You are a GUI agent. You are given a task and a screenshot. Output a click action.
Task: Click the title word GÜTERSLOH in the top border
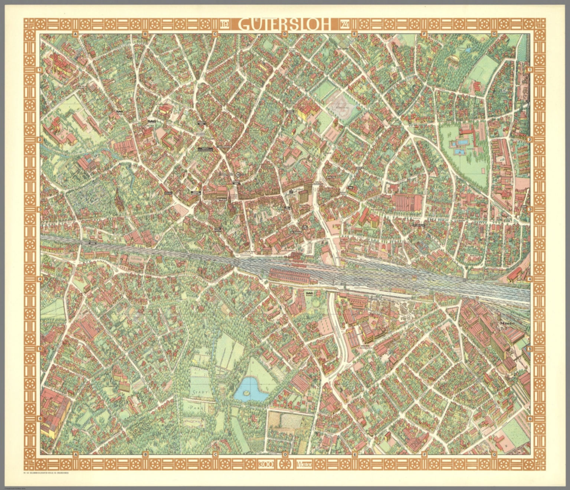point(284,24)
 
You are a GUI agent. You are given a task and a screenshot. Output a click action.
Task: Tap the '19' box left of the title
point(225,25)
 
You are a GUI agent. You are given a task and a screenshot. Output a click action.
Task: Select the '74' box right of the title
point(344,25)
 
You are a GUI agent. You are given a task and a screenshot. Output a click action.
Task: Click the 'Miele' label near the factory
point(508,323)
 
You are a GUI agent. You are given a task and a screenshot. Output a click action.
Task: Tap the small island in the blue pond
point(245,392)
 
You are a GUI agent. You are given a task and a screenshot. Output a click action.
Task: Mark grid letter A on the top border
point(75,34)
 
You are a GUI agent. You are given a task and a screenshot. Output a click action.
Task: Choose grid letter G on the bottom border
point(494,454)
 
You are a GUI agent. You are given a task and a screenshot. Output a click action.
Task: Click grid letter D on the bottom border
point(285,454)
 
